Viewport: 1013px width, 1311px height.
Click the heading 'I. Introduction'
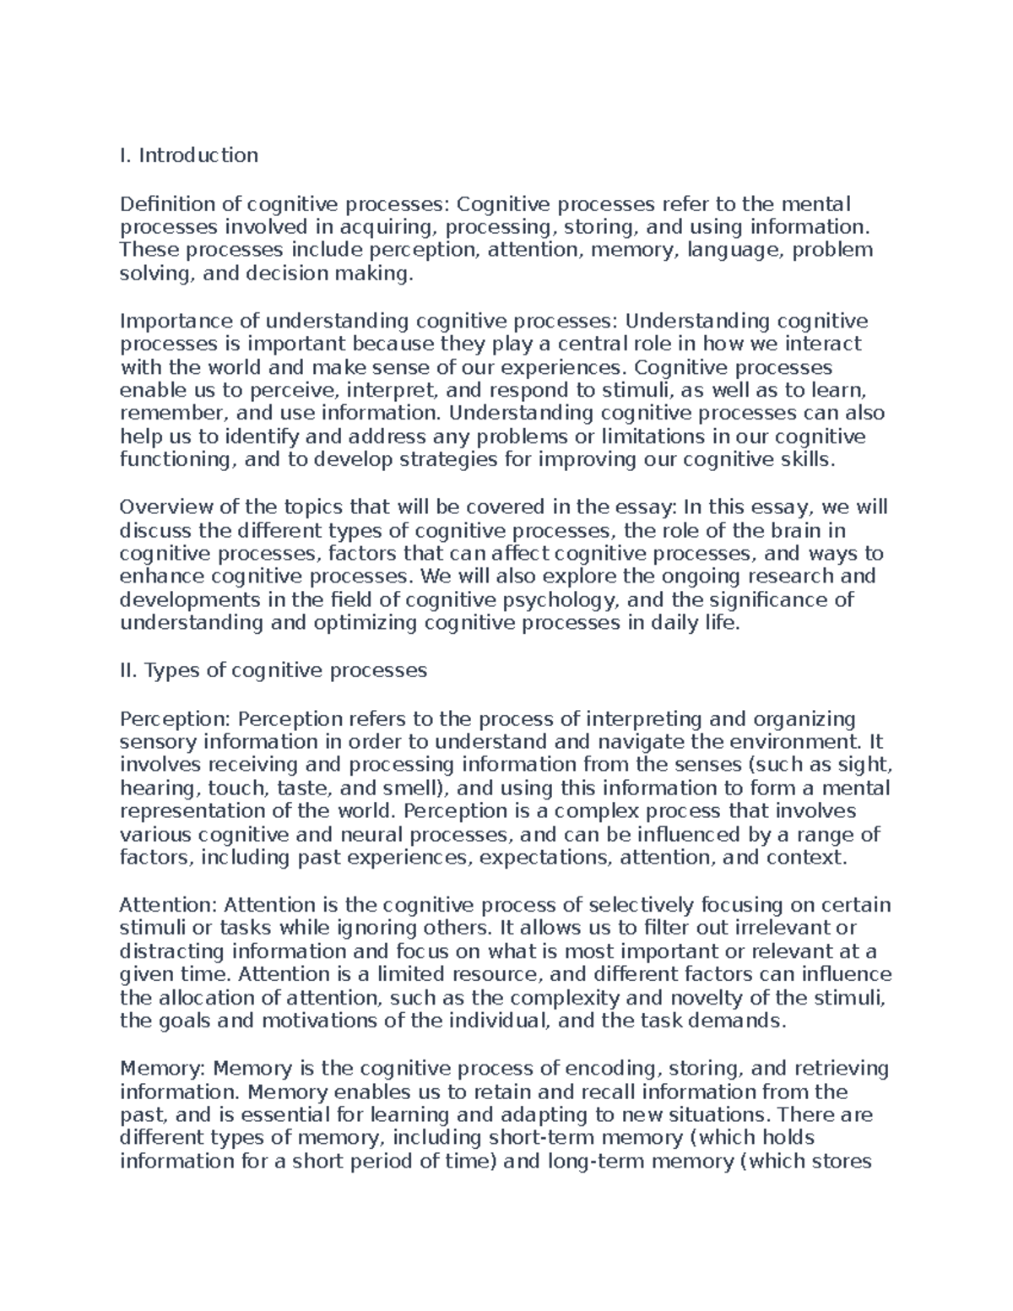(189, 155)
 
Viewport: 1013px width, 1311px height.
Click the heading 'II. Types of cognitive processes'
(274, 670)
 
